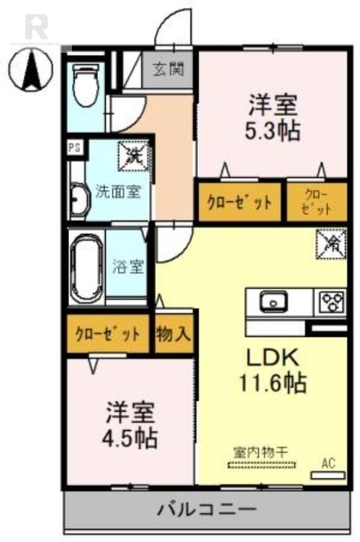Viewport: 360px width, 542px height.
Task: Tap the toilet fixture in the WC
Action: tap(85, 85)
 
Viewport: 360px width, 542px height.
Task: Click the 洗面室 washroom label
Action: tap(117, 190)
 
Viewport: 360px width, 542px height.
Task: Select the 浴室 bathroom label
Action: tap(127, 266)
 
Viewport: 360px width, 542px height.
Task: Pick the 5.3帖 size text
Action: tap(273, 129)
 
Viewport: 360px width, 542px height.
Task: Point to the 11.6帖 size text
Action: tap(270, 383)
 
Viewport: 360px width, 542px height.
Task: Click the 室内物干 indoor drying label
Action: tap(262, 451)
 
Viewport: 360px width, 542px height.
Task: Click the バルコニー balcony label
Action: tap(207, 509)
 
